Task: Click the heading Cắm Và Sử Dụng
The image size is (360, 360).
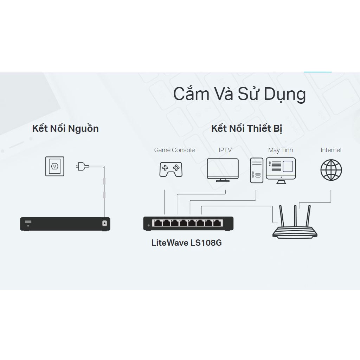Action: (x=239, y=94)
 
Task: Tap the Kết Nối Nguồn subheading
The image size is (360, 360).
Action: (x=65, y=128)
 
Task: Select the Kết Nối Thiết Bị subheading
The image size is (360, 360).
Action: (x=246, y=128)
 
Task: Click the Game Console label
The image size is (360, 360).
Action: (x=174, y=150)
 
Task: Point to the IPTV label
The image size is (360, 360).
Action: (x=225, y=150)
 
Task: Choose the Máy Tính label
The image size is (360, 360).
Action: (x=281, y=150)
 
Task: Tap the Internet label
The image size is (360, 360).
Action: (x=331, y=150)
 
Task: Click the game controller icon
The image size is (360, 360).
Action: (x=171, y=169)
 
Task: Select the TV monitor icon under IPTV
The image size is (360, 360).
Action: (x=223, y=170)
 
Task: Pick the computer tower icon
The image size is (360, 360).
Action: (x=256, y=171)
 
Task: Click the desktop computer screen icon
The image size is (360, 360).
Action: (x=281, y=170)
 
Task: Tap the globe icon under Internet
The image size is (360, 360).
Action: (x=331, y=170)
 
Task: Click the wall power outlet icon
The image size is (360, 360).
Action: (x=54, y=166)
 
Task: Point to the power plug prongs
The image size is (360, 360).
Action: (x=78, y=166)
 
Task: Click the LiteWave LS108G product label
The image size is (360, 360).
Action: (x=186, y=243)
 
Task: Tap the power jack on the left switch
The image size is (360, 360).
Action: (x=104, y=223)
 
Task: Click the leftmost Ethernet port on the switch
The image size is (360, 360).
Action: (x=157, y=223)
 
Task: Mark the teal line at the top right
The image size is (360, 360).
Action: (x=317, y=72)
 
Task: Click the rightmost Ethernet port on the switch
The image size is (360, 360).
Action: (x=218, y=223)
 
